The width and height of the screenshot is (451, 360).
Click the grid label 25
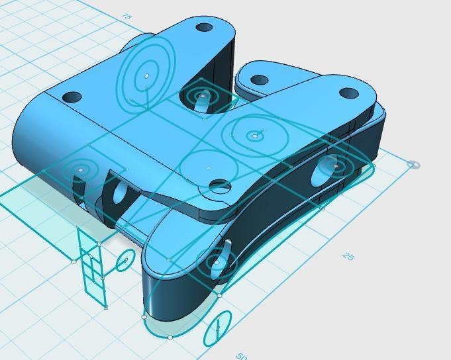[x=347, y=256]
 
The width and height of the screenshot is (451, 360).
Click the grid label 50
[x=242, y=356]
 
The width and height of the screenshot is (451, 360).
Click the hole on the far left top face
[x=72, y=97]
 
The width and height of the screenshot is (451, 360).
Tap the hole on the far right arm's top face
[x=348, y=93]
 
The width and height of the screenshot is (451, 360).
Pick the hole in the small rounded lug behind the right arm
[x=259, y=80]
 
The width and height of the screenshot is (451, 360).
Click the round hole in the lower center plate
[x=221, y=187]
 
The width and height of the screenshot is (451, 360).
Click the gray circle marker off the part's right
[x=413, y=165]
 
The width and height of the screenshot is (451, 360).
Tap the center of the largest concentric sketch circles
[x=146, y=75]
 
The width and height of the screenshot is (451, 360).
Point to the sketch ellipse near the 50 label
[x=217, y=328]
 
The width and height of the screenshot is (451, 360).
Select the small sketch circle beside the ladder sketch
[x=124, y=263]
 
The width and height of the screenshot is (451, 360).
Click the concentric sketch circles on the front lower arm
[x=216, y=263]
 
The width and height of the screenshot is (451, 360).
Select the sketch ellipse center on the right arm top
[x=252, y=136]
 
